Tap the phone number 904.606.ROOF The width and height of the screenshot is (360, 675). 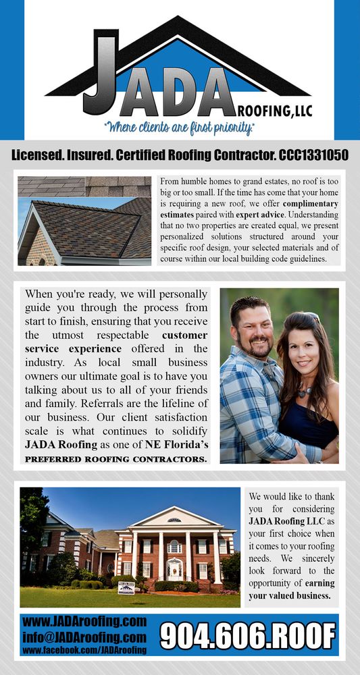(248, 635)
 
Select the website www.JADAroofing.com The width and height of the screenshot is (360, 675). (84, 621)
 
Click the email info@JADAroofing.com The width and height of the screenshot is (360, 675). (84, 637)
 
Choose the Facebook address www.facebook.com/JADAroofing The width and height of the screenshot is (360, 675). (84, 650)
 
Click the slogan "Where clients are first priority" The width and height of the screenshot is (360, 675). (179, 126)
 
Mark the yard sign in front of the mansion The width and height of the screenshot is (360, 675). (126, 587)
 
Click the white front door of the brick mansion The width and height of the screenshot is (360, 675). (174, 569)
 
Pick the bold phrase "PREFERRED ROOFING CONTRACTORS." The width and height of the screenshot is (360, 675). (115, 459)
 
